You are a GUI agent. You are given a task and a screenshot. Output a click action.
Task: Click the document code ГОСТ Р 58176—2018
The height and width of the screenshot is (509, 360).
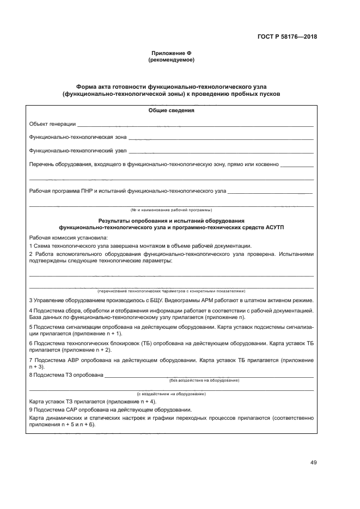click(x=287, y=38)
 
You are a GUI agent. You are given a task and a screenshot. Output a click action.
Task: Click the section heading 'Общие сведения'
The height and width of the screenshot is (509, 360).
click(x=171, y=111)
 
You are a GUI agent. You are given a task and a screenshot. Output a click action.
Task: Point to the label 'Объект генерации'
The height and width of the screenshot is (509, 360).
click(x=52, y=124)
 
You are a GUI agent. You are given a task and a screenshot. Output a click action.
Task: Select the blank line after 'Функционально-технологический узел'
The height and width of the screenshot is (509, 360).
click(x=221, y=151)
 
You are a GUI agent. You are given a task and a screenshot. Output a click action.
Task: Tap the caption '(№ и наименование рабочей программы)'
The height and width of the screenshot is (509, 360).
click(x=171, y=210)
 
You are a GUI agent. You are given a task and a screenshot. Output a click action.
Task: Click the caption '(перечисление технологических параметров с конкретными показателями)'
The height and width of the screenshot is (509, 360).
click(x=171, y=291)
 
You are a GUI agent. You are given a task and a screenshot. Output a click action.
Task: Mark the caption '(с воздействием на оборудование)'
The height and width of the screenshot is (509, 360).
click(x=171, y=393)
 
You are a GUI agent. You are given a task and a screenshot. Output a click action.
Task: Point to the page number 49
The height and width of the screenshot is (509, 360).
click(x=313, y=463)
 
